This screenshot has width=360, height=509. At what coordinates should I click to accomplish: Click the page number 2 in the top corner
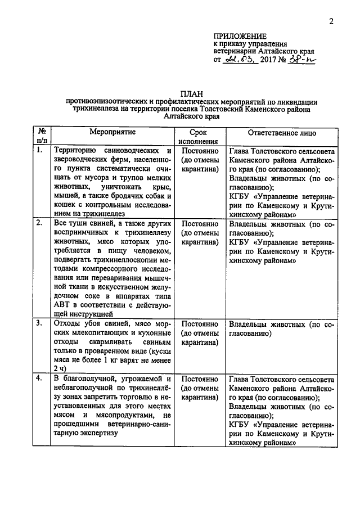[x=331, y=22]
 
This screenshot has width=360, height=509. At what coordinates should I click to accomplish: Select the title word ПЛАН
[x=191, y=94]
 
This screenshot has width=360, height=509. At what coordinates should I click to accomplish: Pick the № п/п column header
[x=40, y=137]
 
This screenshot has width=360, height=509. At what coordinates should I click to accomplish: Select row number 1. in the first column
[x=39, y=151]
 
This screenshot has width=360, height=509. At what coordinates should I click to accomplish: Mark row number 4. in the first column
[x=39, y=379]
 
